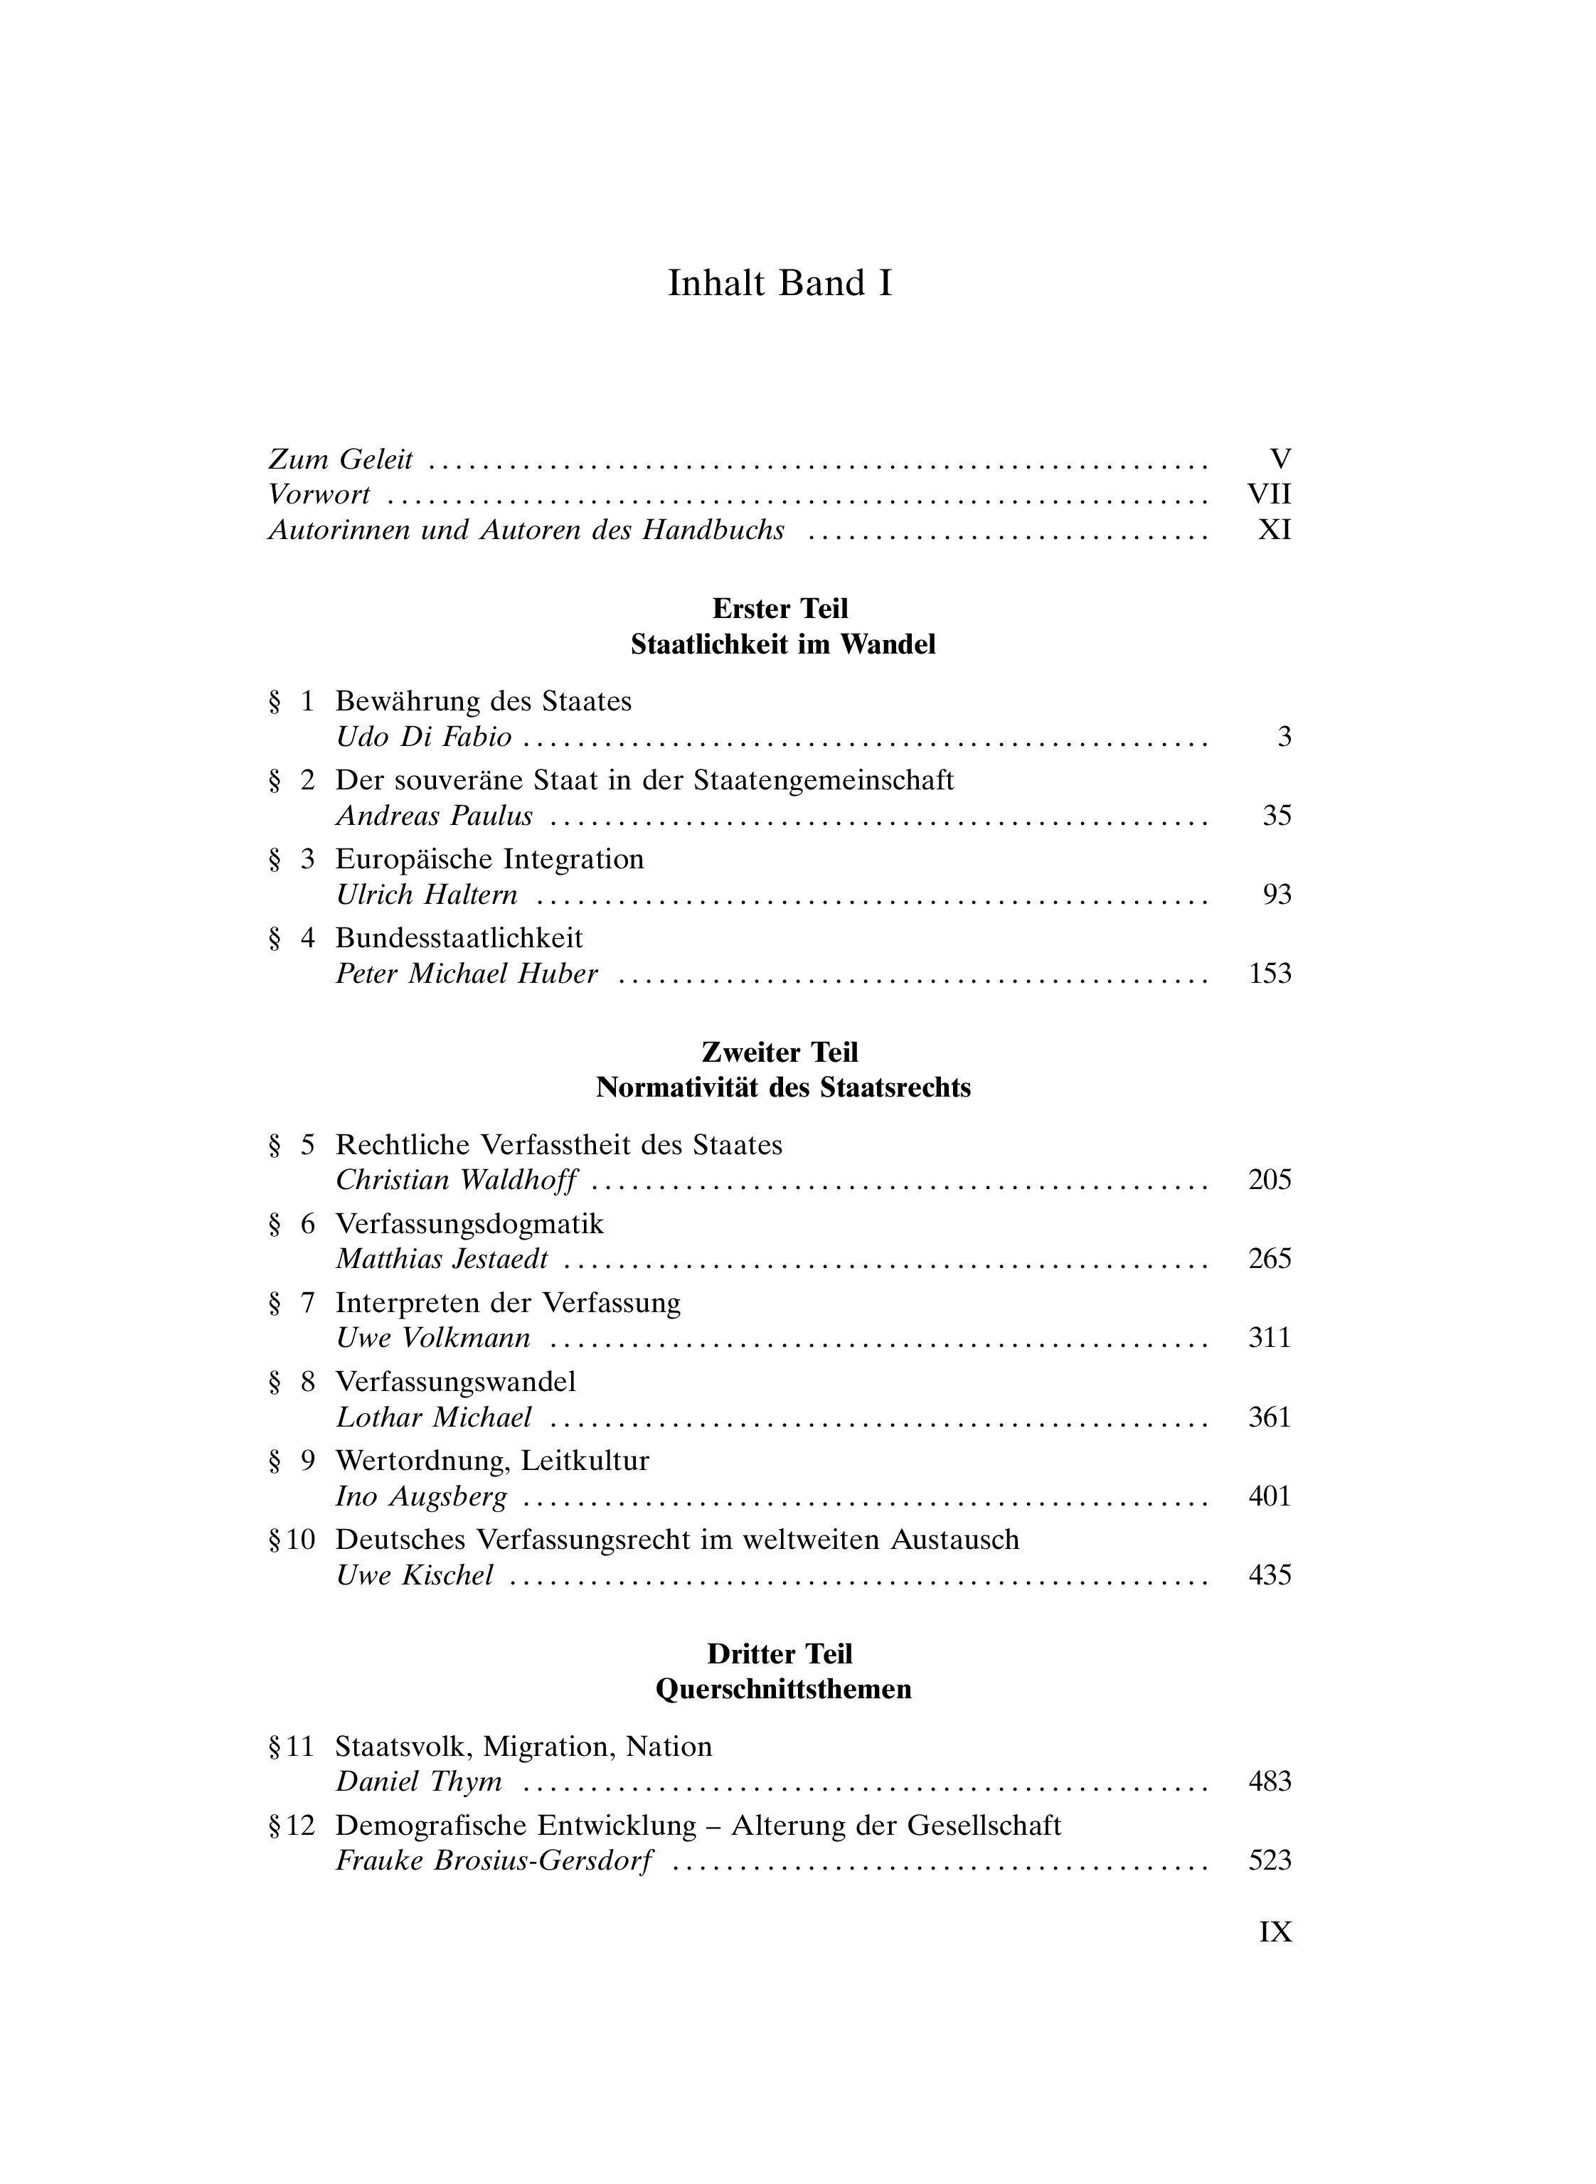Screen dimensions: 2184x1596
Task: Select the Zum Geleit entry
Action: [x=340, y=460]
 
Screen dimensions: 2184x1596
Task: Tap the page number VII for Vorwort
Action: [x=1270, y=494]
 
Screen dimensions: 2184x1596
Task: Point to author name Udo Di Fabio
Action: [x=423, y=737]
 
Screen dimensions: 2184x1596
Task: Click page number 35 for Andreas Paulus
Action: [x=1276, y=816]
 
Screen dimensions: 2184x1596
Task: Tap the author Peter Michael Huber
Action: [x=467, y=974]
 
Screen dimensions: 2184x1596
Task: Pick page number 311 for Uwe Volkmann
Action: [x=1270, y=1338]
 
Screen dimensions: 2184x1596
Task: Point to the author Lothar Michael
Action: [x=434, y=1417]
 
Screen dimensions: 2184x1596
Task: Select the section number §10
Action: [x=292, y=1540]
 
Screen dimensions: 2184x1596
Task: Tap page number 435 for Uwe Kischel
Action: [x=1270, y=1575]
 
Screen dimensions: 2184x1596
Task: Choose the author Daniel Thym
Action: [x=418, y=1782]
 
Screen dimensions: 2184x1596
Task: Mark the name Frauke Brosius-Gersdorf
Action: [x=494, y=1861]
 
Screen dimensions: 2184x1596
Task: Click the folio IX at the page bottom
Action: [x=1275, y=1932]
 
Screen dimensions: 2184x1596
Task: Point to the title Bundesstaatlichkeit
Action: [x=459, y=938]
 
